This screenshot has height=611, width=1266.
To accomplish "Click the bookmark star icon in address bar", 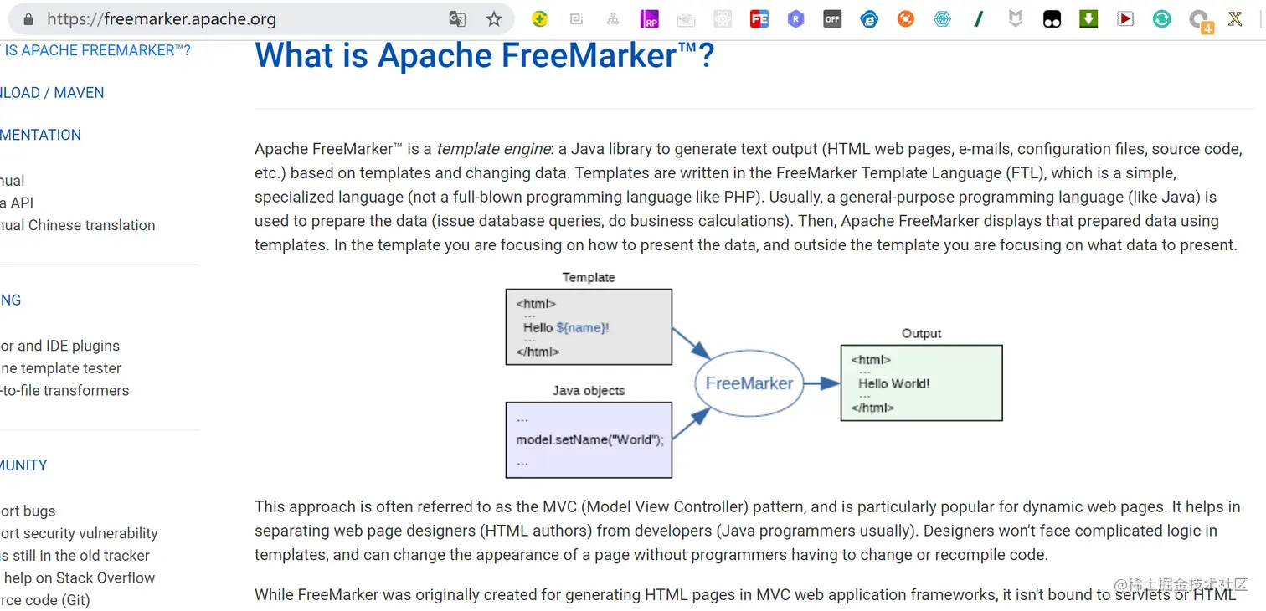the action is [x=494, y=19].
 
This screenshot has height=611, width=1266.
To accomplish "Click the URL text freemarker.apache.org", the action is [x=161, y=19].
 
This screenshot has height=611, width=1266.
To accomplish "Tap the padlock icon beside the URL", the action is [x=28, y=19].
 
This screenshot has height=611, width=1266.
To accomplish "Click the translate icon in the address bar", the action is [x=457, y=19].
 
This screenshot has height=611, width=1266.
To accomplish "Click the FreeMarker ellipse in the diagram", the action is [x=749, y=383].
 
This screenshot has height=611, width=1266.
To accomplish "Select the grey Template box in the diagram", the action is [x=589, y=326].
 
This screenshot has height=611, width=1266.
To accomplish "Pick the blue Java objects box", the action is [x=589, y=439].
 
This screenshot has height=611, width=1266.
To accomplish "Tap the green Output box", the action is [x=921, y=383].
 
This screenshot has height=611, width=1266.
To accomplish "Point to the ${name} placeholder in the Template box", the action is [x=581, y=327].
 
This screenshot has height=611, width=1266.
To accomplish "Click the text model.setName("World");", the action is [x=589, y=439].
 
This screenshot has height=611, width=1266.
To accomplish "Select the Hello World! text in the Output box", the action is [x=893, y=383].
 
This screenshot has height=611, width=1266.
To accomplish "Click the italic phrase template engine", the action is [x=493, y=149].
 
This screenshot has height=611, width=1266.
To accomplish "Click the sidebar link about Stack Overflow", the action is [x=80, y=578].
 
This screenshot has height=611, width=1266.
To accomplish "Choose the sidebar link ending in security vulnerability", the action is [x=80, y=533].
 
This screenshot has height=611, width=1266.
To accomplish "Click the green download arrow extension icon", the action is [x=1088, y=19].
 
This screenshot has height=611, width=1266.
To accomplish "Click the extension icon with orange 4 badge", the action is [x=1199, y=20].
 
